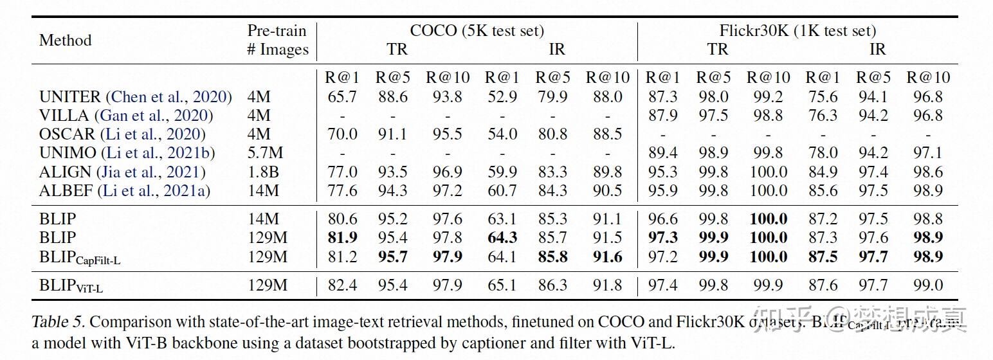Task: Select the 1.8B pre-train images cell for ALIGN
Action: (264, 172)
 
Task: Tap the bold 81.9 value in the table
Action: (342, 238)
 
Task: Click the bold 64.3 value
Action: (502, 238)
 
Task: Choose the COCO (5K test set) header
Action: (477, 31)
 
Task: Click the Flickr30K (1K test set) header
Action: (797, 31)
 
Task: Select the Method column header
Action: (65, 40)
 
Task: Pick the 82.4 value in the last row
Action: (342, 285)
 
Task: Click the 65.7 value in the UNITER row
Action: (342, 97)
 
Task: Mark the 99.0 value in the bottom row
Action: (928, 285)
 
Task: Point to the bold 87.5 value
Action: (822, 256)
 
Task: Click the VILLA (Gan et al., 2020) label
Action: (126, 116)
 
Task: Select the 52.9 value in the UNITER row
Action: (502, 97)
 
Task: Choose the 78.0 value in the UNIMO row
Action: (822, 153)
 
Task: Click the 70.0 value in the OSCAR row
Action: (342, 134)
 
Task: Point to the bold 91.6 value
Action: (607, 256)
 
